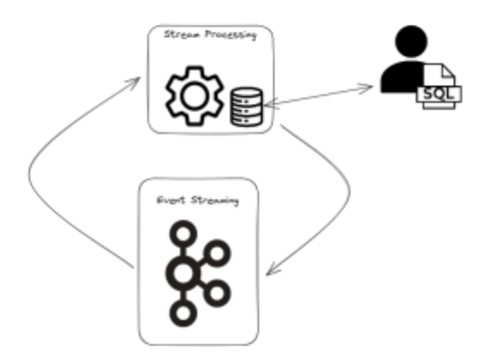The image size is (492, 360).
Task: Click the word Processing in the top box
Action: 231,34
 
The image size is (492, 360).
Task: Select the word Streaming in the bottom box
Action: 215,201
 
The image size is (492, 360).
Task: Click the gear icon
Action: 195,96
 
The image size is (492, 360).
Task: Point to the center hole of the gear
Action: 195,96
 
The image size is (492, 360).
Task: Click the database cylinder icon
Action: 247,106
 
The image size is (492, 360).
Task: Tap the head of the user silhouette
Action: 411,41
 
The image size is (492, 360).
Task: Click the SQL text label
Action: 439,93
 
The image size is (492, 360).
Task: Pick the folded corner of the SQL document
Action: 448,70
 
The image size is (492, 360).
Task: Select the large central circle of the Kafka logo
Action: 183,273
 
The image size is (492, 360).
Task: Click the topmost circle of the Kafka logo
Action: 183,234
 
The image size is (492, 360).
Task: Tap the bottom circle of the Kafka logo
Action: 183,313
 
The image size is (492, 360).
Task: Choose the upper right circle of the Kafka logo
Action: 217,253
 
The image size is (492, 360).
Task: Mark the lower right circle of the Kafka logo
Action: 217,293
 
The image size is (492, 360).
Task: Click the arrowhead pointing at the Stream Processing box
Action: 135,81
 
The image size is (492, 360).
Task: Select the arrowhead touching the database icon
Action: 271,104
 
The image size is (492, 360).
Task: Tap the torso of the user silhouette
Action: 402,77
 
